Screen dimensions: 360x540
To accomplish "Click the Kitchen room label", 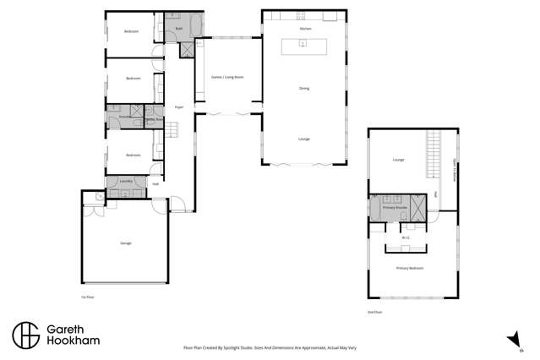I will coord(305,30).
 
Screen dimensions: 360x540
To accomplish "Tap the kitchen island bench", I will coord(304,47).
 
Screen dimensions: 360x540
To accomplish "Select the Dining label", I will coord(304,88).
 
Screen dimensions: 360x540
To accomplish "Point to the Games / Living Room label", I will coord(226,77).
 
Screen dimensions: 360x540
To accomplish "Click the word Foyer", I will coord(179,107).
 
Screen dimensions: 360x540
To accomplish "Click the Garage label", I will coord(125,243).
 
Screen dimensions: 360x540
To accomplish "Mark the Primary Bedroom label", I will coord(409,268).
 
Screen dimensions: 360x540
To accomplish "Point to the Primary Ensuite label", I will coord(391,205).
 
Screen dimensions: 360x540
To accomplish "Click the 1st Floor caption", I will coord(85,297).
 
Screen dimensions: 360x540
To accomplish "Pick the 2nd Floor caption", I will coord(375,312).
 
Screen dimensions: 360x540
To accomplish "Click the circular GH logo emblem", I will coord(26,335).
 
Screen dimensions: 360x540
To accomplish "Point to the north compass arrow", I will coord(512,340).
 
